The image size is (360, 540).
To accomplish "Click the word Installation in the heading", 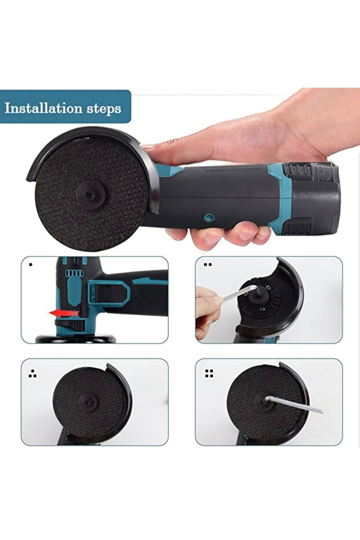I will [x=43, y=108].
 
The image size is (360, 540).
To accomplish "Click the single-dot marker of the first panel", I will [x=30, y=264].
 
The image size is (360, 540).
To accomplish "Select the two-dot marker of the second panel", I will [x=208, y=264].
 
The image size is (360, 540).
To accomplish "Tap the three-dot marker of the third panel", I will [x=32, y=374].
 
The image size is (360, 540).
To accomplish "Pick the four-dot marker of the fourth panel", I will [x=209, y=373].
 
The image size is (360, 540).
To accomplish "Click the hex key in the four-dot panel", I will [x=293, y=405].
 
